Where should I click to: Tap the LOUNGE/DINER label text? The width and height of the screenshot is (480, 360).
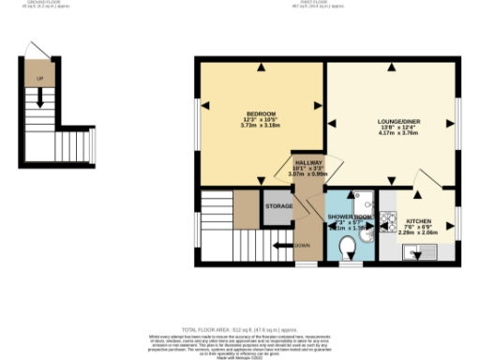[397, 122]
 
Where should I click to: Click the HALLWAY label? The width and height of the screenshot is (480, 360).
[308, 161]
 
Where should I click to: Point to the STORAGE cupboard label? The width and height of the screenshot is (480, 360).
[278, 205]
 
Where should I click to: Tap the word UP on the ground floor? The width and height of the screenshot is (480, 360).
[39, 77]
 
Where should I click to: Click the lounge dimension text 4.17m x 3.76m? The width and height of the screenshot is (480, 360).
[397, 135]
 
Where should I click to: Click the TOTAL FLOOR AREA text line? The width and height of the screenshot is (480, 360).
[240, 330]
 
